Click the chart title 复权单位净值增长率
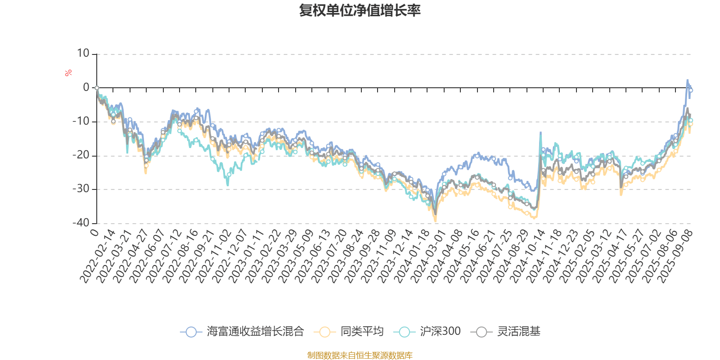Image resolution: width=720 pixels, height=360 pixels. click(x=360, y=10)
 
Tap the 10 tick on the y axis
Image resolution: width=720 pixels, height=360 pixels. click(x=83, y=54)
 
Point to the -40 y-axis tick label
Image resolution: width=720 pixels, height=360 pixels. click(x=81, y=223)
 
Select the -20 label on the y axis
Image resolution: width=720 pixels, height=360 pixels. click(x=81, y=155)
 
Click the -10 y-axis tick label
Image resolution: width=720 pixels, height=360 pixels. click(x=81, y=121)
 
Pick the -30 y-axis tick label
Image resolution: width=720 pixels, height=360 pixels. click(x=81, y=189)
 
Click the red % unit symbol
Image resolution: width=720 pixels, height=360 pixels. click(x=68, y=73)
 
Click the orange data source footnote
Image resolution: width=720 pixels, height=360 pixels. click(x=360, y=355)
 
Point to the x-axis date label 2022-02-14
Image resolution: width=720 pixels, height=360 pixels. click(x=98, y=256)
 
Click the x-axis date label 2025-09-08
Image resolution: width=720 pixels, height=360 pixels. click(x=675, y=256)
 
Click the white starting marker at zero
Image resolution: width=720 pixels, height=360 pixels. click(x=97, y=88)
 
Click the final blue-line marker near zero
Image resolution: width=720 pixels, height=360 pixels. click(x=691, y=90)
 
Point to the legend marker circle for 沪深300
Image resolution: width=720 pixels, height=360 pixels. click(x=404, y=332)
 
